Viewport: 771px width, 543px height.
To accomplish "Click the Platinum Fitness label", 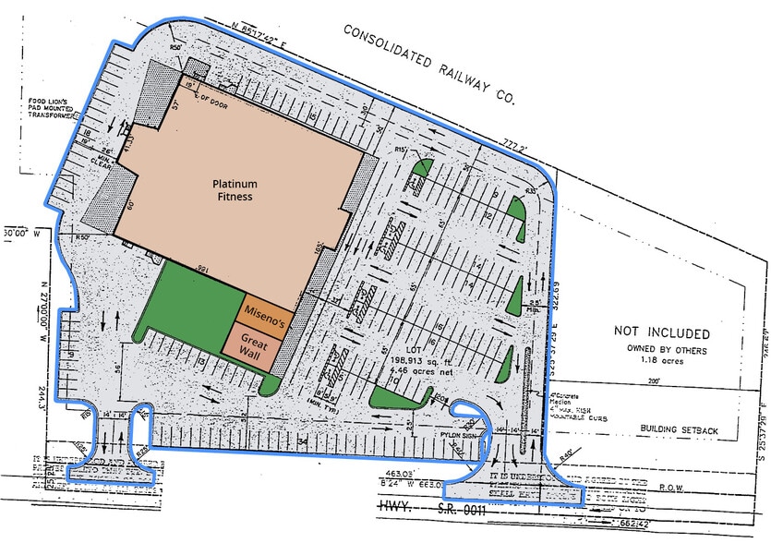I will (x=230, y=189).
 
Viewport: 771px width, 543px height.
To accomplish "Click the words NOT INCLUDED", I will (x=662, y=333).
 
